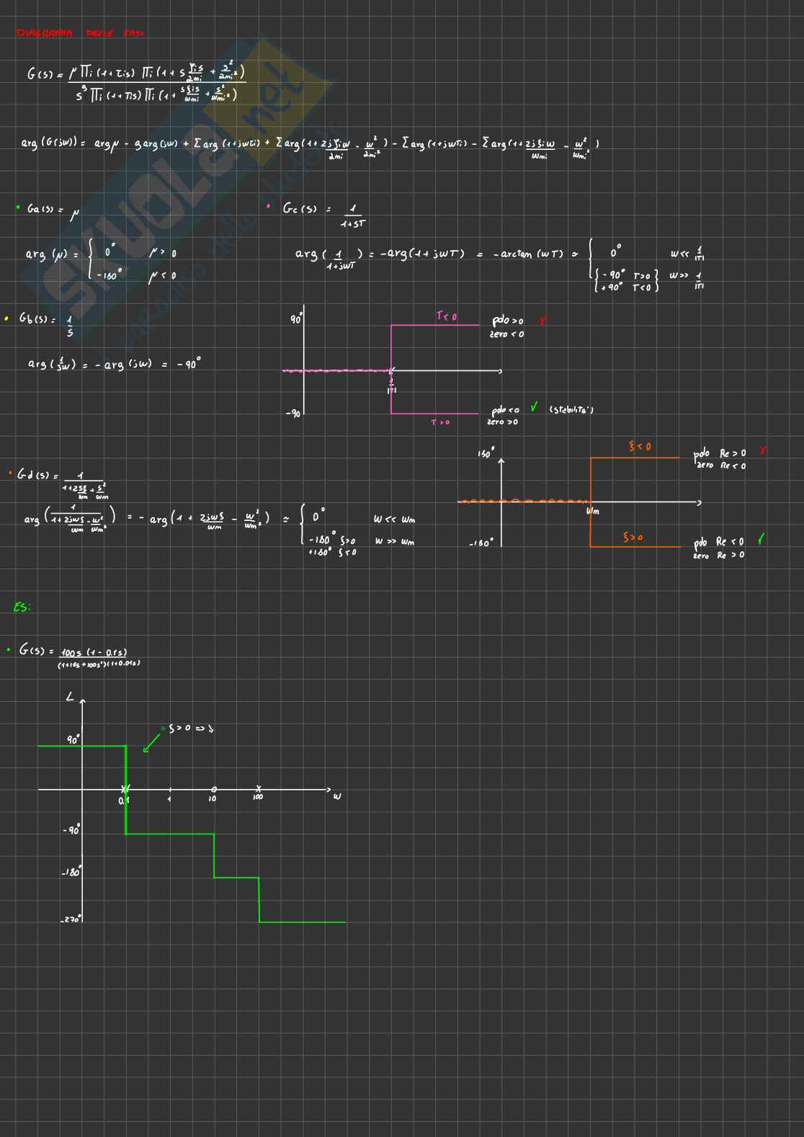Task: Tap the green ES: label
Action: [x=22, y=607]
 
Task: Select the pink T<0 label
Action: [x=446, y=316]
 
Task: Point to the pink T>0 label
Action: [x=440, y=422]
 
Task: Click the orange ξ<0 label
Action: [x=640, y=447]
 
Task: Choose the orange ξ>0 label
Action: [x=633, y=538]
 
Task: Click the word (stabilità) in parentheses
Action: [x=571, y=410]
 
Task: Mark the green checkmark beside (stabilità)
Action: [x=534, y=407]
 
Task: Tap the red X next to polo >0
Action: [x=542, y=321]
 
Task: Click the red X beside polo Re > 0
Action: [x=763, y=451]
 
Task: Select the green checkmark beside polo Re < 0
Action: [x=761, y=540]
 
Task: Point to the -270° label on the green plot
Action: [x=71, y=919]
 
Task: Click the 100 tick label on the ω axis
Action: [x=258, y=798]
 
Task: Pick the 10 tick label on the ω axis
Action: [x=213, y=798]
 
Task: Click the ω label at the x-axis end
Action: [x=336, y=796]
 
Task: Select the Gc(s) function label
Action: [x=300, y=209]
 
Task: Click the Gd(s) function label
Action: [x=32, y=476]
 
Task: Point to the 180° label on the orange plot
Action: [x=485, y=454]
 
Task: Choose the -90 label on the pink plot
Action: [x=293, y=414]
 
